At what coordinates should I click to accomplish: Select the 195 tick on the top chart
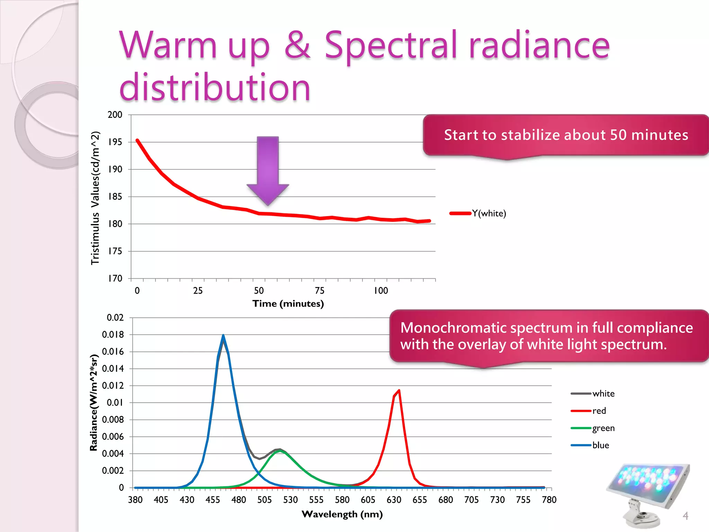[x=115, y=142]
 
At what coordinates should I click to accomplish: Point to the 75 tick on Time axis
[x=320, y=291]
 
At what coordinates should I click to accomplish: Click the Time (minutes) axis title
[x=288, y=304]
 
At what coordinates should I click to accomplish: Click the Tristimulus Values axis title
[x=95, y=198]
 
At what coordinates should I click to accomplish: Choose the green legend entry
[x=603, y=428]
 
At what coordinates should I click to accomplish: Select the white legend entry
[x=603, y=394]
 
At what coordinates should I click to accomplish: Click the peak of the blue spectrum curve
[x=223, y=336]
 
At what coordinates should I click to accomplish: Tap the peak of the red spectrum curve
[x=399, y=391]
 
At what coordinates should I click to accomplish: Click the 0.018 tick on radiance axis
[x=113, y=335]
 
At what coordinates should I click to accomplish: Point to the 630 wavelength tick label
[x=394, y=500]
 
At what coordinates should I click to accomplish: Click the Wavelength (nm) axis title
[x=342, y=514]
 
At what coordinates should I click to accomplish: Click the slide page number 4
[x=685, y=516]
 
